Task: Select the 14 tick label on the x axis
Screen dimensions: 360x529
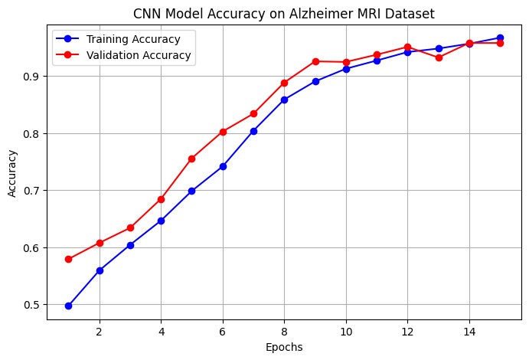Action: pyautogui.click(x=469, y=332)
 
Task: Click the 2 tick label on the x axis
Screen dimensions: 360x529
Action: pyautogui.click(x=100, y=332)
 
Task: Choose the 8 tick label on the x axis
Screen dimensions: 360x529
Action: pyautogui.click(x=284, y=332)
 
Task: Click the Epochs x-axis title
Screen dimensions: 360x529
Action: pyautogui.click(x=284, y=347)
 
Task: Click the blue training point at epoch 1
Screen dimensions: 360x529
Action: pyautogui.click(x=69, y=306)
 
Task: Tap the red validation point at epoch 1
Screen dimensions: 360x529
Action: pyautogui.click(x=69, y=259)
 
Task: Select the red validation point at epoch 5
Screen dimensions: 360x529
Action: pyautogui.click(x=191, y=159)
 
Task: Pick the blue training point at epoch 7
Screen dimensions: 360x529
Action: pyautogui.click(x=253, y=131)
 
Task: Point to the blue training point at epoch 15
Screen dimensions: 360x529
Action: pyautogui.click(x=500, y=38)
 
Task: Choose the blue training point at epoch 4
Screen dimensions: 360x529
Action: pyautogui.click(x=161, y=221)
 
